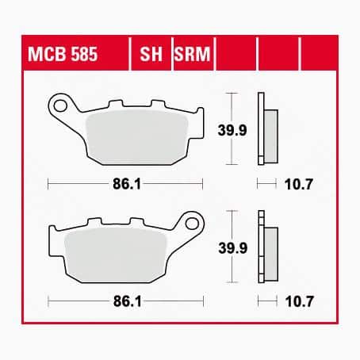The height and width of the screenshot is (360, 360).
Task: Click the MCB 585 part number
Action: tap(63, 54)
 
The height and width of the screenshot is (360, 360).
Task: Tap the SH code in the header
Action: tap(151, 54)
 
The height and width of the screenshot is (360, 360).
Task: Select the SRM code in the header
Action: tap(192, 54)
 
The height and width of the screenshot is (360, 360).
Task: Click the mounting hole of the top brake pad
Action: tap(60, 105)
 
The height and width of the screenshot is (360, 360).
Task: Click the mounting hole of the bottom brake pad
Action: tap(192, 224)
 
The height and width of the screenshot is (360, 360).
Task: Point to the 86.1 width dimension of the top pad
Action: tap(127, 184)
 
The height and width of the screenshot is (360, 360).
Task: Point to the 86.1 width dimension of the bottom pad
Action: tap(128, 301)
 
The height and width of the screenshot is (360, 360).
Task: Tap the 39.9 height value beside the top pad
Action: tap(232, 130)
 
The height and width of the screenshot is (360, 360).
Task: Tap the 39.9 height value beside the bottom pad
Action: tap(233, 248)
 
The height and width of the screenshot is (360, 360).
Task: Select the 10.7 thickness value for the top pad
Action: tap(299, 184)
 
